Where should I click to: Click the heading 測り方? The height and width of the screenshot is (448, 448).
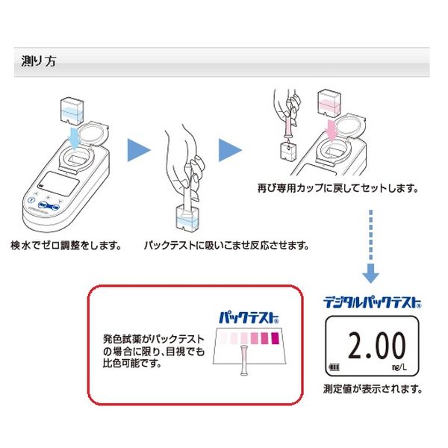click(39, 61)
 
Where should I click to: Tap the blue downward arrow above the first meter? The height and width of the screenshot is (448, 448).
click(74, 139)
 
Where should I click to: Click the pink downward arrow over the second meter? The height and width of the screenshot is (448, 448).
click(332, 131)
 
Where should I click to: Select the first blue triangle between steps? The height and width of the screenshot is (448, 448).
click(139, 150)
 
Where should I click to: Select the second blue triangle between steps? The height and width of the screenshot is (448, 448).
click(230, 150)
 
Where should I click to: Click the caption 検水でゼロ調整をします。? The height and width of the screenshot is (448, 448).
click(66, 245)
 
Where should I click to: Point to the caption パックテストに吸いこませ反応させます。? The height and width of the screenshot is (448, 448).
click(226, 245)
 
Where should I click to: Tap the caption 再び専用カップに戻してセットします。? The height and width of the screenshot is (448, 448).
click(337, 188)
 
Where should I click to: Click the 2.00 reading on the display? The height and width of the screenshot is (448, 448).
click(377, 345)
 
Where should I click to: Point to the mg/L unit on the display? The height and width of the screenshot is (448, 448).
click(399, 367)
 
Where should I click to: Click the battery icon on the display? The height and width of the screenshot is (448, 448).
click(335, 367)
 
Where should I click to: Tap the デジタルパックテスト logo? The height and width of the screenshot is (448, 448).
click(373, 302)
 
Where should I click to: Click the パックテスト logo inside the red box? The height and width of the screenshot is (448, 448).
click(249, 317)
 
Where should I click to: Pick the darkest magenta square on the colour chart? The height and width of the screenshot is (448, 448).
click(275, 338)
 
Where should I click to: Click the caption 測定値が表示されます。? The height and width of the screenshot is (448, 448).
click(373, 388)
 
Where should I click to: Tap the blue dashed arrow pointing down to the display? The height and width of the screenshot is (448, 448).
click(371, 246)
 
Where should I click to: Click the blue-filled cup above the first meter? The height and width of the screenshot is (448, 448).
click(72, 112)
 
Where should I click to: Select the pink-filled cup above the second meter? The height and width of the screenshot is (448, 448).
click(329, 104)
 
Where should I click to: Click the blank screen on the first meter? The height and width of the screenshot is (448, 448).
click(58, 184)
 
